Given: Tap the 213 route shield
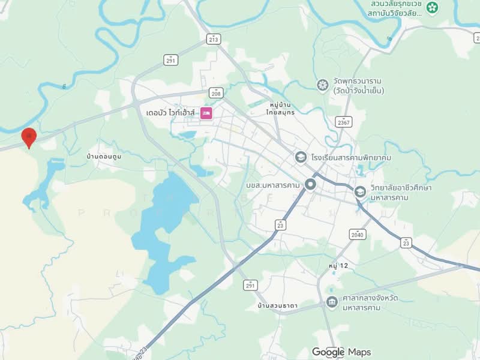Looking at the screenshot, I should (213, 39).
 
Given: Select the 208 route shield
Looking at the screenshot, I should (217, 93).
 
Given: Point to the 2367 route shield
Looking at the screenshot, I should (343, 121).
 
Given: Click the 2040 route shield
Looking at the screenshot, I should (358, 234).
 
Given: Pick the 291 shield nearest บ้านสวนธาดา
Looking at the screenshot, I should (250, 286).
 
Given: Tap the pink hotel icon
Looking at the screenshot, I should (206, 113).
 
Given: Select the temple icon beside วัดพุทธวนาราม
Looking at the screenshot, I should (323, 85).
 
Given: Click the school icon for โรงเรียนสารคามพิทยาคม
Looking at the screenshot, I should (301, 157).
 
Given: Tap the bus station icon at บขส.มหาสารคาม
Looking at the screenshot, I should (310, 184).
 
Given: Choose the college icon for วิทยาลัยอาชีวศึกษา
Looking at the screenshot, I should (360, 192).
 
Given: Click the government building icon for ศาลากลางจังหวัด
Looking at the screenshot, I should (332, 302).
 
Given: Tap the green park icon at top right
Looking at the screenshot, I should (433, 8).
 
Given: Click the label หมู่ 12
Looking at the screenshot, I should (339, 265).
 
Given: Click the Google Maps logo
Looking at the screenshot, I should (341, 352).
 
